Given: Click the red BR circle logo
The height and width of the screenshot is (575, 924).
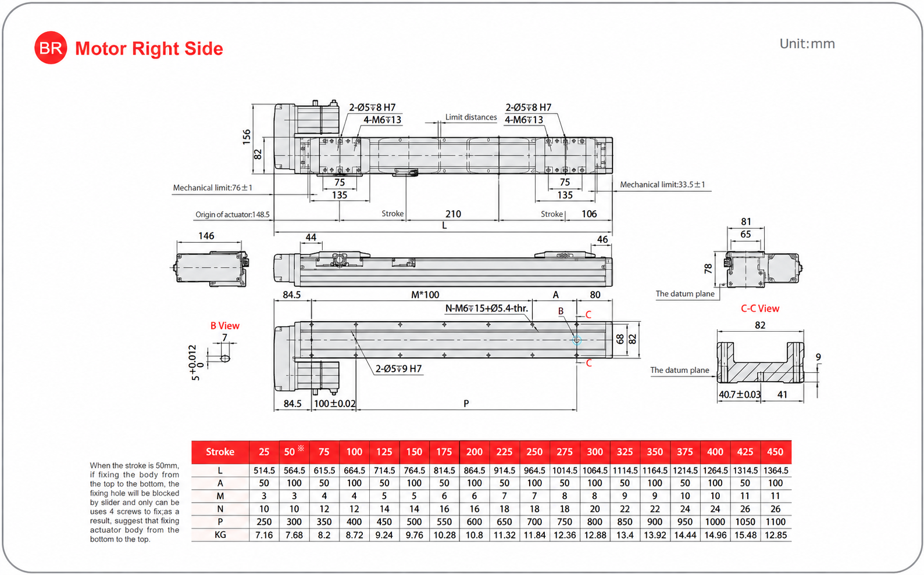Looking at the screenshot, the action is click(x=51, y=48).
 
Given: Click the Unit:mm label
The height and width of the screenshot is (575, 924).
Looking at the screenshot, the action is click(x=807, y=44).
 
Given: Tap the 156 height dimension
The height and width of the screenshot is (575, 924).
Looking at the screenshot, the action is click(x=246, y=137).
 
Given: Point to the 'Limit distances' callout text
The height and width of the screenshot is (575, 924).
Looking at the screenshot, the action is click(x=470, y=117).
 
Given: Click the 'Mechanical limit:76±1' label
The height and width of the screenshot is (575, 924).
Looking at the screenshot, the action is click(x=212, y=188).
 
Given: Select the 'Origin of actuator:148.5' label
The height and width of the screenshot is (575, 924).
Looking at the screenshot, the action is click(x=232, y=214).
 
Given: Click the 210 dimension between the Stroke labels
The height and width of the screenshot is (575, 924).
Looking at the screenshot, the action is click(x=453, y=214).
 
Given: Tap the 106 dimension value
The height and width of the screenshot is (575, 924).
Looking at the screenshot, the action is click(x=589, y=214).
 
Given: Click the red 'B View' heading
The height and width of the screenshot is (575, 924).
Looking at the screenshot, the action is click(x=225, y=326).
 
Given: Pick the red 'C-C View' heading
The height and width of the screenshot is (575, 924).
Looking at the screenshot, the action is click(x=760, y=308).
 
